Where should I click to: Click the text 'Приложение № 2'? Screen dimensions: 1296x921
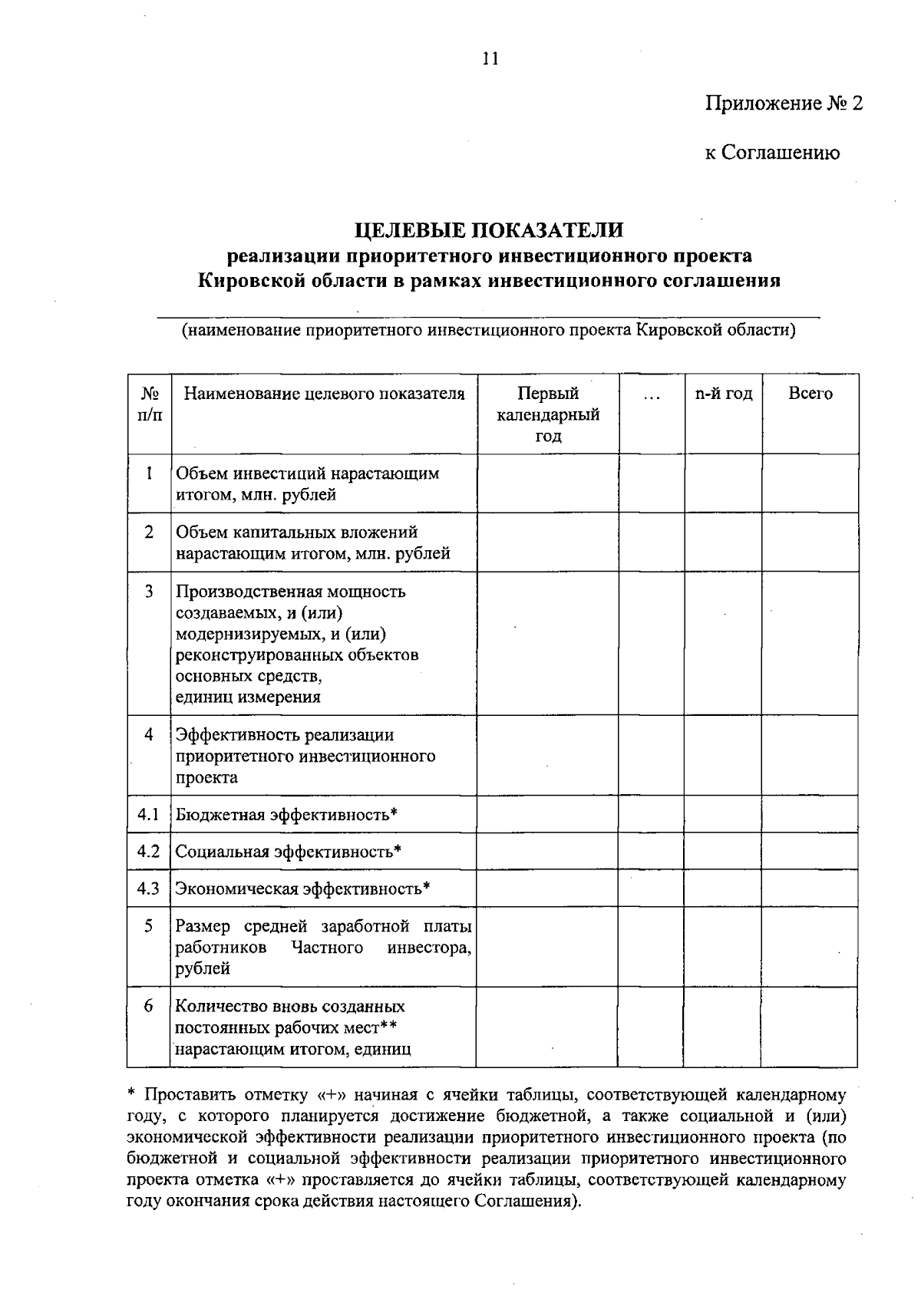pyautogui.click(x=784, y=104)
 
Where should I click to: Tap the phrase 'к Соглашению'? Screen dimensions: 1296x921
pyautogui.click(x=772, y=153)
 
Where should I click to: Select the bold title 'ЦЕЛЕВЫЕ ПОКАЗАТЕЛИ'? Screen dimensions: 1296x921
pyautogui.click(x=489, y=229)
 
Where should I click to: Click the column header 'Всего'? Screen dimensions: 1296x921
pyautogui.click(x=810, y=394)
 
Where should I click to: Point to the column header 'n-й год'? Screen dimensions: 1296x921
pyautogui.click(x=724, y=394)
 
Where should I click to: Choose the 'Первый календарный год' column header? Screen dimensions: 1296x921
pyautogui.click(x=548, y=414)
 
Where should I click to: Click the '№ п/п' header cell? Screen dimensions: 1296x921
pyautogui.click(x=150, y=404)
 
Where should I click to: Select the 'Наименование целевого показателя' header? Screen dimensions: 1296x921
pyautogui.click(x=324, y=394)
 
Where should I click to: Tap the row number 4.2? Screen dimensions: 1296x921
pyautogui.click(x=148, y=851)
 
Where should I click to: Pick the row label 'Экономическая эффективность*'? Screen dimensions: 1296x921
pyautogui.click(x=302, y=889)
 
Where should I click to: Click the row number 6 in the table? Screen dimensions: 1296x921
pyautogui.click(x=148, y=1005)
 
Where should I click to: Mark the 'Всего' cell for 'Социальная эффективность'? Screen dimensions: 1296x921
pyautogui.click(x=810, y=851)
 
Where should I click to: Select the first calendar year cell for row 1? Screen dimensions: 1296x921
pyautogui.click(x=548, y=483)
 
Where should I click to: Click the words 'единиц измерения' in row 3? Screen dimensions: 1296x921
pyautogui.click(x=248, y=697)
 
